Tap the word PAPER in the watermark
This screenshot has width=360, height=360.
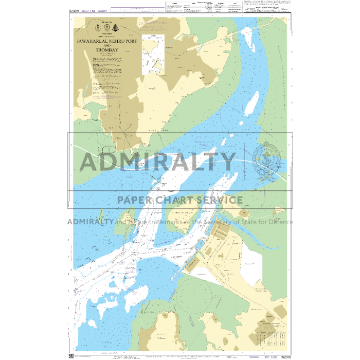[x=135, y=200]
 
